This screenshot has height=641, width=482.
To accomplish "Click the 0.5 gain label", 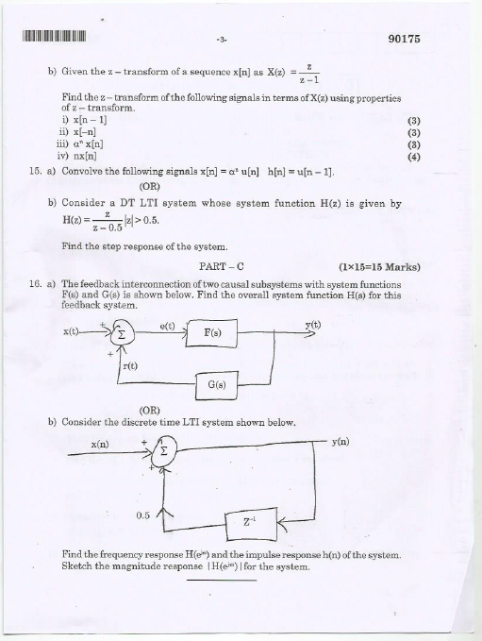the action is pyautogui.click(x=143, y=514).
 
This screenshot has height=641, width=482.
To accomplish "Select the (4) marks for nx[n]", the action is pyautogui.click(x=412, y=158).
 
